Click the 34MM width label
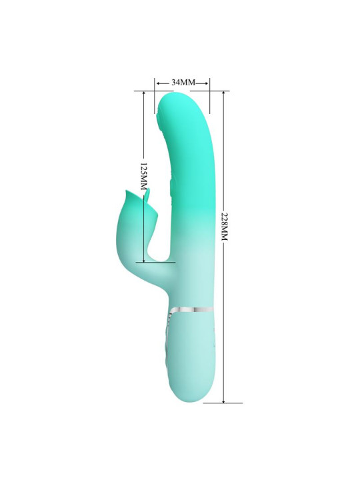pos(183,82)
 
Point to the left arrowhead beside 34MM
pos(157,83)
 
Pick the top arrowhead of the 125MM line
pos(143,94)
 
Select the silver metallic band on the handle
pos(196,310)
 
